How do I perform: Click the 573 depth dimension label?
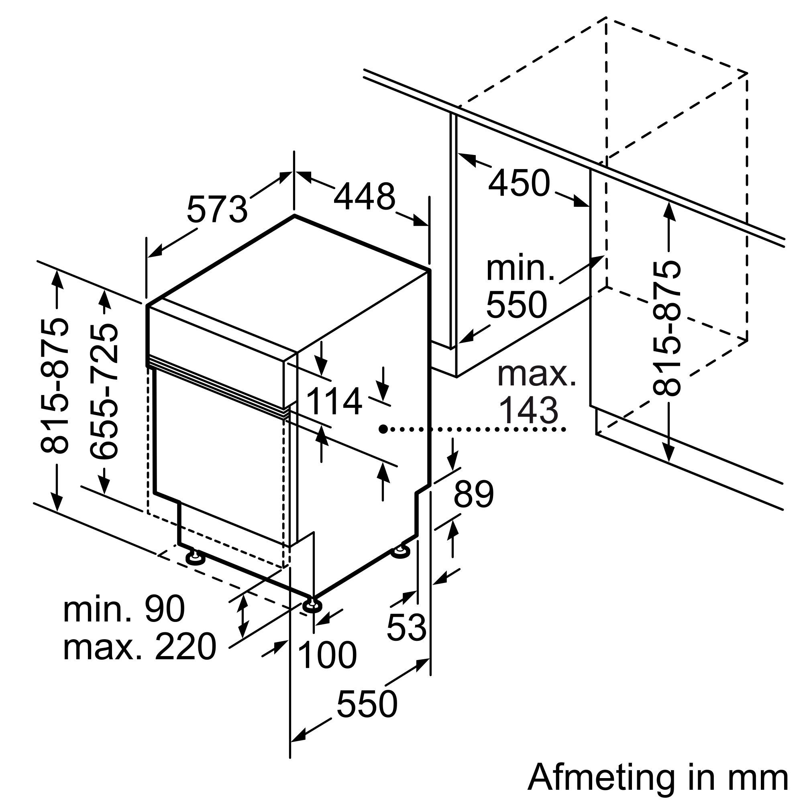pyautogui.click(x=217, y=210)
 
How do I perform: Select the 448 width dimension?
pyautogui.click(x=364, y=197)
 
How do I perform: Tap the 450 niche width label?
pyautogui.click(x=519, y=183)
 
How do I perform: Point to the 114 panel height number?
pyautogui.click(x=334, y=402)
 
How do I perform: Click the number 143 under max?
pyautogui.click(x=528, y=411)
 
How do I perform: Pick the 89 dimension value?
pyautogui.click(x=473, y=495)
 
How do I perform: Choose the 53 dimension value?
pyautogui.click(x=406, y=627)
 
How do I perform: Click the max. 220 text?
pyautogui.click(x=139, y=647)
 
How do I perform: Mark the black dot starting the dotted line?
pyautogui.click(x=383, y=428)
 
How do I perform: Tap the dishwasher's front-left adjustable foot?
pyautogui.click(x=194, y=558)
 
